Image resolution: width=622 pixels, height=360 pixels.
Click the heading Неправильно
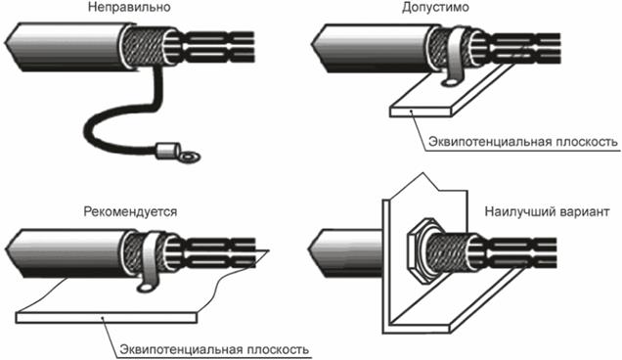[x=129, y=7]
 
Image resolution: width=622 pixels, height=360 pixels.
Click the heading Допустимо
[x=435, y=7]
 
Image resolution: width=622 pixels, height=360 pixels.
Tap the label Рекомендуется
[x=130, y=211]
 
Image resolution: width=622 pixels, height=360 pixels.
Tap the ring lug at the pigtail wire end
[x=189, y=156]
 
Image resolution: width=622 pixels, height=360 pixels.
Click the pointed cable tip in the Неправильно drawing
[x=6, y=42]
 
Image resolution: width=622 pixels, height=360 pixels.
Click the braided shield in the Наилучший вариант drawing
[x=451, y=252]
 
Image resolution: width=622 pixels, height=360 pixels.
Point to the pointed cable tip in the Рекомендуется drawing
[x=6, y=250]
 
